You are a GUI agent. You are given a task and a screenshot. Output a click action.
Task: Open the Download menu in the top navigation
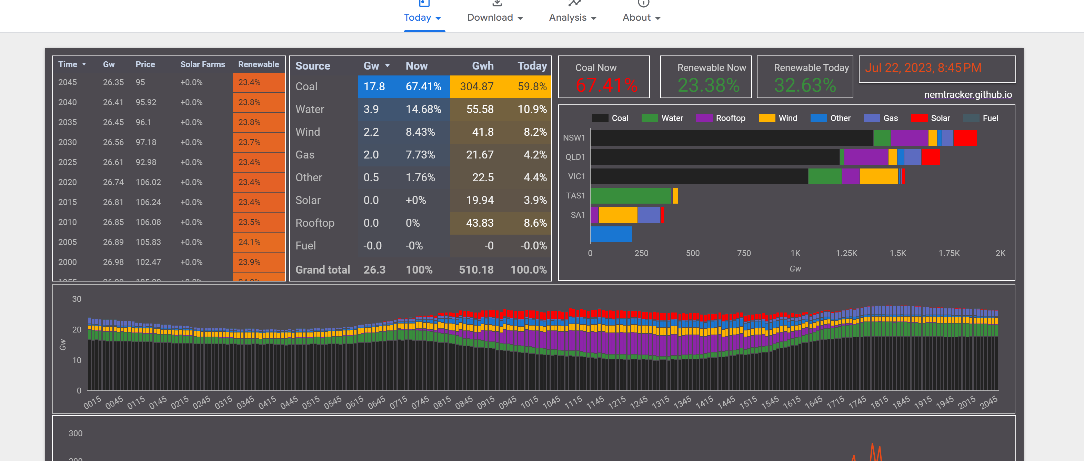tap(494, 17)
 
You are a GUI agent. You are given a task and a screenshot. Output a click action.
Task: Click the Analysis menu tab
tap(572, 17)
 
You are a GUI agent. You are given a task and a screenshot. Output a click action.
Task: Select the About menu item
tap(641, 17)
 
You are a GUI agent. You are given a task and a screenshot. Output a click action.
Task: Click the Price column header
tap(145, 64)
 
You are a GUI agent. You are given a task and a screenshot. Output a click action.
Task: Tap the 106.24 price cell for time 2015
tap(148, 202)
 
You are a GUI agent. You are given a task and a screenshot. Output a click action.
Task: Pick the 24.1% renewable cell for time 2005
tap(250, 242)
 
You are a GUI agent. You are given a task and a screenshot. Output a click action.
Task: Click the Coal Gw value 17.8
tap(374, 86)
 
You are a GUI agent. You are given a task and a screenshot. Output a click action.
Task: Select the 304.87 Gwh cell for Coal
tap(476, 86)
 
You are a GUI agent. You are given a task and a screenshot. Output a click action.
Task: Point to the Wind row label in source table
tap(308, 132)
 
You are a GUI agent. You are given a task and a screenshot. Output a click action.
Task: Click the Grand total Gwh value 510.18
tap(476, 270)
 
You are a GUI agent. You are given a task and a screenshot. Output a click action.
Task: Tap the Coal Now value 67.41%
tap(606, 85)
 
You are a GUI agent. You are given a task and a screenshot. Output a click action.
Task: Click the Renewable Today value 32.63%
tap(805, 85)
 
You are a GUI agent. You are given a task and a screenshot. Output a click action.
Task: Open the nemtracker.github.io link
tap(967, 95)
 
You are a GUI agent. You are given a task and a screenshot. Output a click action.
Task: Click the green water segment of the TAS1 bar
tap(630, 196)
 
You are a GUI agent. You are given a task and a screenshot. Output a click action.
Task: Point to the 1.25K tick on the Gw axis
tap(846, 253)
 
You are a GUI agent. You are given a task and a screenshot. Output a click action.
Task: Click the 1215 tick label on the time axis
tap(617, 402)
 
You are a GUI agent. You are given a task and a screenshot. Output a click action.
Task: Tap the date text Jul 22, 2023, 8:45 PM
tap(923, 68)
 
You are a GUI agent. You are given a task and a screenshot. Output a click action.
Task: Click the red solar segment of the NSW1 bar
tap(965, 138)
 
